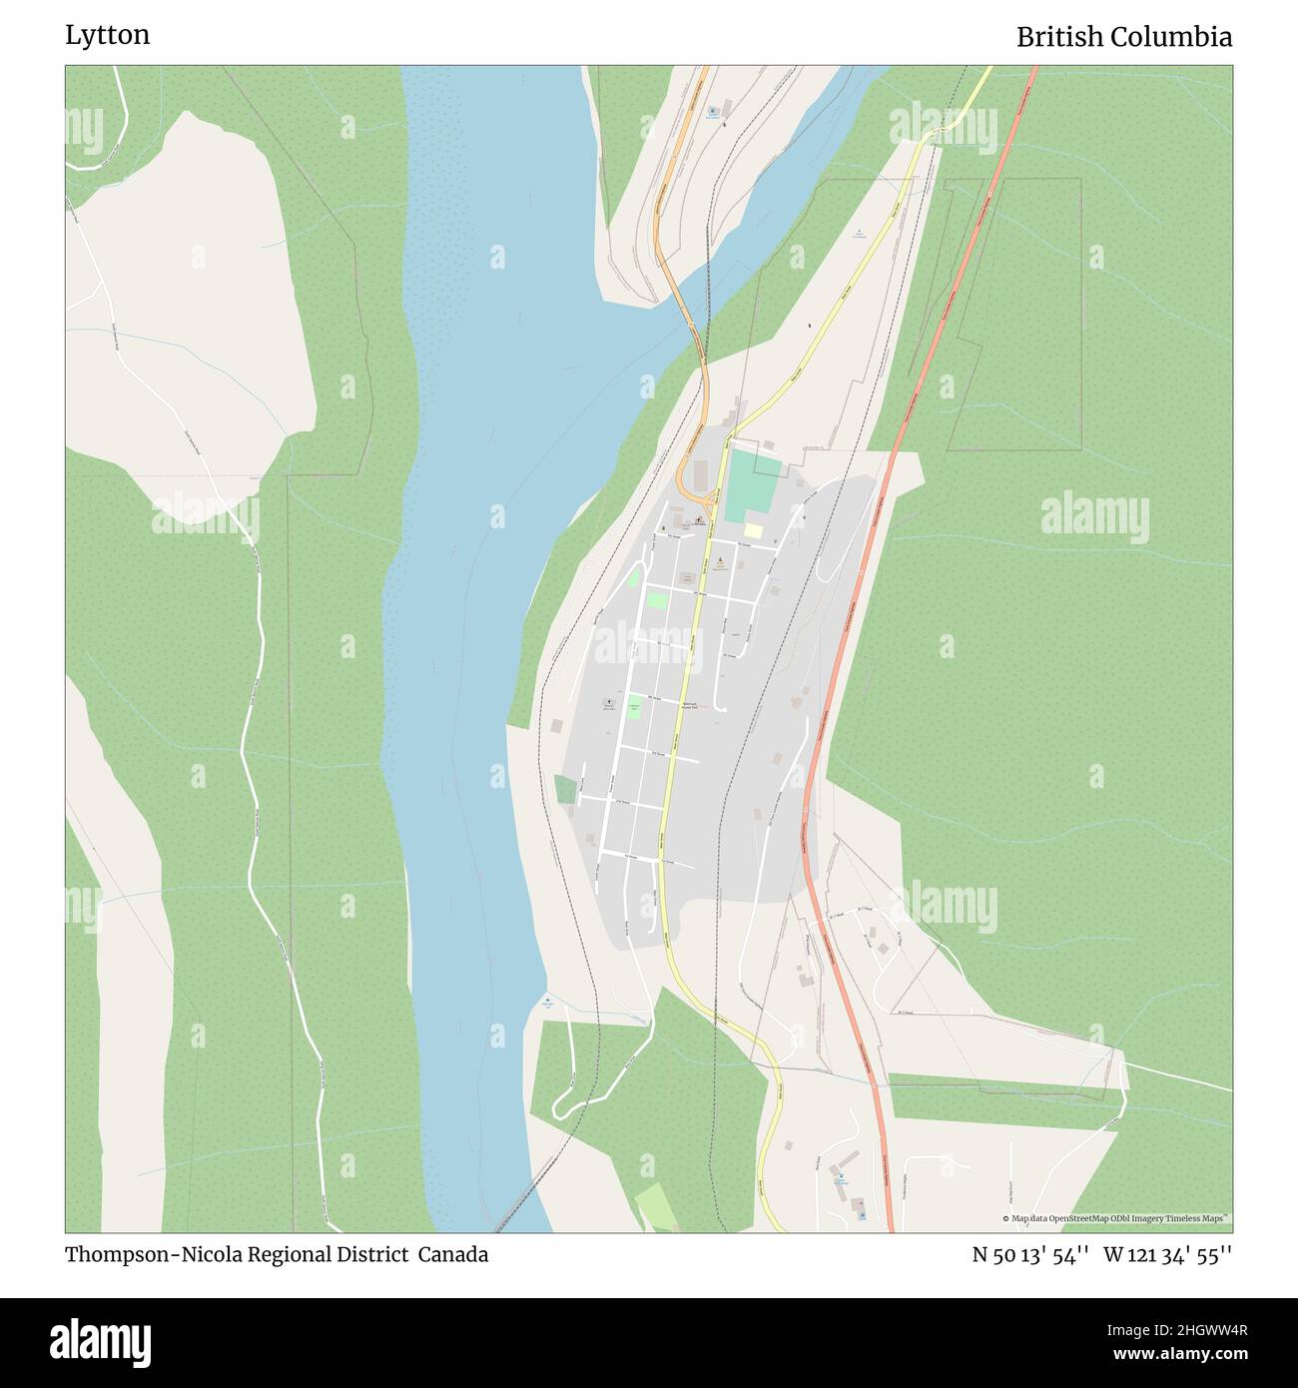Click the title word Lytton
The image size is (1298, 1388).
pyautogui.click(x=108, y=35)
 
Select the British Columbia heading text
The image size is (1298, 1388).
pyautogui.click(x=1123, y=37)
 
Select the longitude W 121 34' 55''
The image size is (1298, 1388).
pyautogui.click(x=1167, y=1254)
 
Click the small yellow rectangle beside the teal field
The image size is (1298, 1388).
pyautogui.click(x=753, y=531)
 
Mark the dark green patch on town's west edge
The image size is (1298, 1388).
pyautogui.click(x=565, y=789)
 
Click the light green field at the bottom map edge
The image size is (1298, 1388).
pyautogui.click(x=654, y=1208)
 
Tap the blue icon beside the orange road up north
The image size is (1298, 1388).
pyautogui.click(x=712, y=111)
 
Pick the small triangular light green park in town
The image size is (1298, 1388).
pyautogui.click(x=633, y=578)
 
